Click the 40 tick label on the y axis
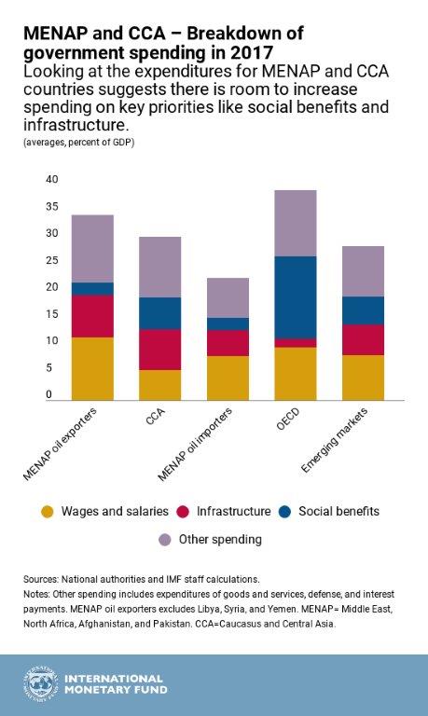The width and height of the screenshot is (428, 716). pyautogui.click(x=51, y=179)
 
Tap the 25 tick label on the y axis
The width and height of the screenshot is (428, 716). pyautogui.click(x=51, y=260)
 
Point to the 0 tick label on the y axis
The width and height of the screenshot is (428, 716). pyautogui.click(x=48, y=395)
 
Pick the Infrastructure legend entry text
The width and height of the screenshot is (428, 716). pyautogui.click(x=231, y=511)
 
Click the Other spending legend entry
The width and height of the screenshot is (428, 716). pyautogui.click(x=219, y=539)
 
